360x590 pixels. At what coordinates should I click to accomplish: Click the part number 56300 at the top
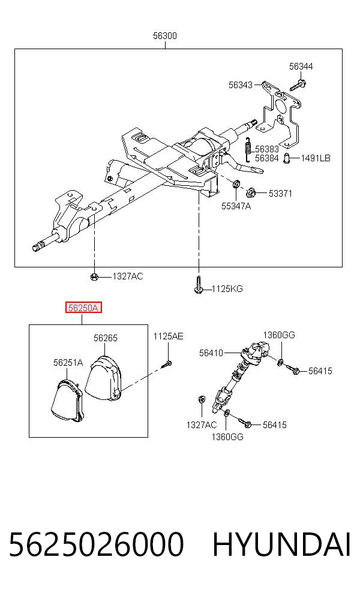point(164,36)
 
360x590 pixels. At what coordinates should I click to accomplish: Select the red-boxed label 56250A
point(83,308)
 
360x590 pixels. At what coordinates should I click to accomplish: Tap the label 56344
point(301,67)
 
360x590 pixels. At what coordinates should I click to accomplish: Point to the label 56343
point(240,85)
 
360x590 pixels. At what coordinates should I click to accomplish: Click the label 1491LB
point(316,158)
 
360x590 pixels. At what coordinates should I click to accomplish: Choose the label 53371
point(280,194)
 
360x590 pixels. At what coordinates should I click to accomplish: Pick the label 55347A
point(236,206)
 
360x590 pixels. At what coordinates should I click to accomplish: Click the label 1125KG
point(227,289)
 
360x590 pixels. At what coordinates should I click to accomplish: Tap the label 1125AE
point(168,336)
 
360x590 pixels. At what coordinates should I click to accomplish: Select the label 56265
point(106,338)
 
